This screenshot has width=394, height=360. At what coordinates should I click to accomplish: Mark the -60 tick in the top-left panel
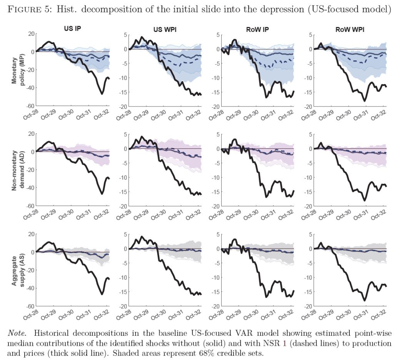(x=30, y=106)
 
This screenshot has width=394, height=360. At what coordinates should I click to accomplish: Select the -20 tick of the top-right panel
(x=307, y=107)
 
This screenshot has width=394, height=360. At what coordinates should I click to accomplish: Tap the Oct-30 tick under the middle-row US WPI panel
(x=159, y=213)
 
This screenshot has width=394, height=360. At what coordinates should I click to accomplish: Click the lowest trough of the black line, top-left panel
(x=102, y=93)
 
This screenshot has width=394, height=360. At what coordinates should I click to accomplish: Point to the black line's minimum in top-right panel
(x=364, y=101)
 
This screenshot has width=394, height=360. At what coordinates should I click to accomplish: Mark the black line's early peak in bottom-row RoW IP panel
(x=235, y=239)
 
